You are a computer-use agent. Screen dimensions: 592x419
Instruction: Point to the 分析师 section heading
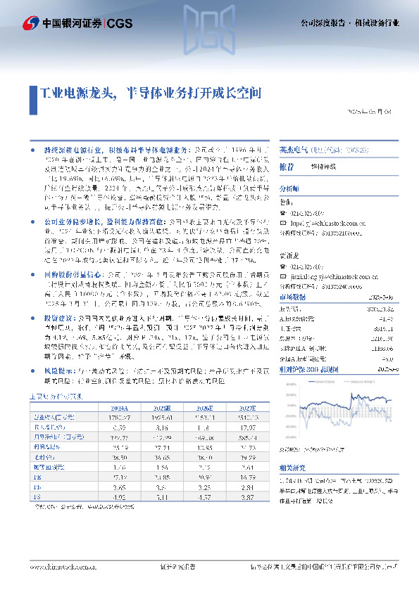click(289, 188)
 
